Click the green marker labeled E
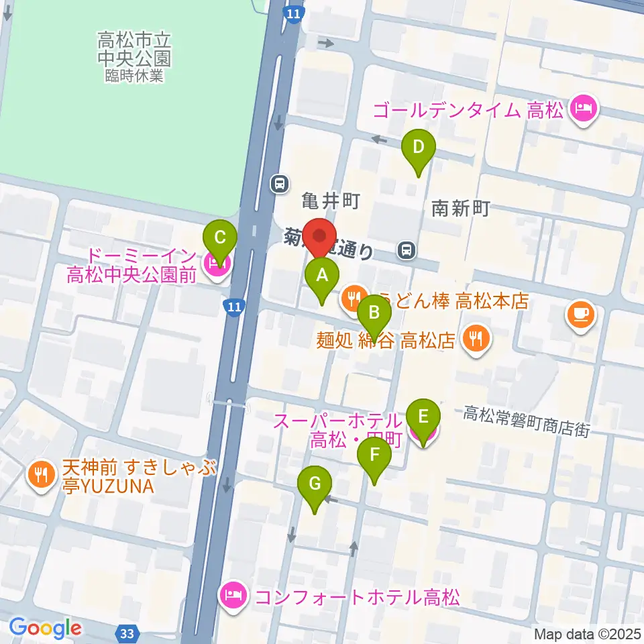click(x=423, y=416)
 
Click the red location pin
click(x=320, y=238)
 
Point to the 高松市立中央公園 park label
click(x=133, y=50)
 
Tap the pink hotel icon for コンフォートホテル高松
click(x=233, y=595)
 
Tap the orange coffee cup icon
click(x=581, y=315)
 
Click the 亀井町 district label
click(x=331, y=200)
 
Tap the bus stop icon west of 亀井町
click(x=278, y=182)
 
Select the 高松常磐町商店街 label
click(x=525, y=423)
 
